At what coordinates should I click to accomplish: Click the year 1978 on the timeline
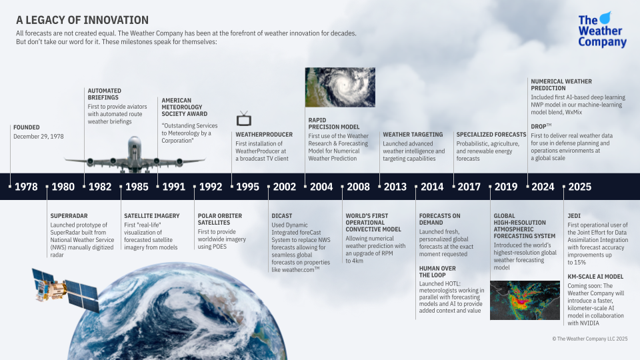click(x=26, y=187)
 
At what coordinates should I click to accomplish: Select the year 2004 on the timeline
click(x=321, y=187)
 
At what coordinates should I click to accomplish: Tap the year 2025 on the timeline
click(x=579, y=187)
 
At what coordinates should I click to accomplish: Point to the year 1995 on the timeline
click(x=247, y=187)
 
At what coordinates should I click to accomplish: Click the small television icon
click(x=244, y=119)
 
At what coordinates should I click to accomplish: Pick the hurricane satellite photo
click(x=340, y=87)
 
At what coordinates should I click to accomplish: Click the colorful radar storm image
click(x=525, y=300)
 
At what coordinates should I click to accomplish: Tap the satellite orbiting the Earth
click(x=65, y=289)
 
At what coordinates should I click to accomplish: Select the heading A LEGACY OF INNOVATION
click(x=82, y=20)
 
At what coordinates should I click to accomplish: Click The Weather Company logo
click(x=602, y=30)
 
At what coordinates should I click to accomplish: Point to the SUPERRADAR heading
click(x=69, y=216)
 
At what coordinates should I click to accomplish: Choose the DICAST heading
click(x=281, y=216)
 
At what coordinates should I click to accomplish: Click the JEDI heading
click(x=574, y=216)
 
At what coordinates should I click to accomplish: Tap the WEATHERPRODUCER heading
click(x=264, y=134)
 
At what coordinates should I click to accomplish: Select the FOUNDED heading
click(x=27, y=127)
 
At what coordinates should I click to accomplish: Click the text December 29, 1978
click(x=39, y=136)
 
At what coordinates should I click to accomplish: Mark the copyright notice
click(x=590, y=339)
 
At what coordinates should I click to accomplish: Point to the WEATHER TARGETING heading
click(x=413, y=134)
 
